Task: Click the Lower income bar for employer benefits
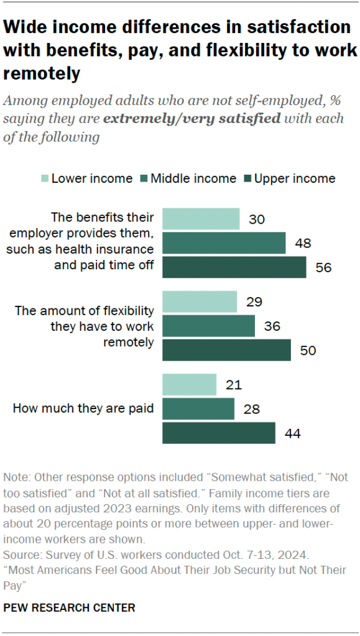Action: [201, 219]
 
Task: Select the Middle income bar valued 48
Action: [224, 243]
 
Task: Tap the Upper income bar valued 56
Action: [234, 267]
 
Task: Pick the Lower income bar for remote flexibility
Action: [200, 302]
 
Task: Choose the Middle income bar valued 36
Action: [209, 326]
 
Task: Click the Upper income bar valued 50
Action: [226, 350]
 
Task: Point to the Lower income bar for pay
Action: [189, 385]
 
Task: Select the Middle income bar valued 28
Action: [198, 408]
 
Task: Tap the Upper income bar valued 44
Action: [219, 433]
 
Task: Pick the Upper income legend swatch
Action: [247, 179]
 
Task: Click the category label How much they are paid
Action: [83, 408]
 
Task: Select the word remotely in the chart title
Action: [42, 74]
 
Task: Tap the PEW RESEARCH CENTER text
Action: [69, 607]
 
